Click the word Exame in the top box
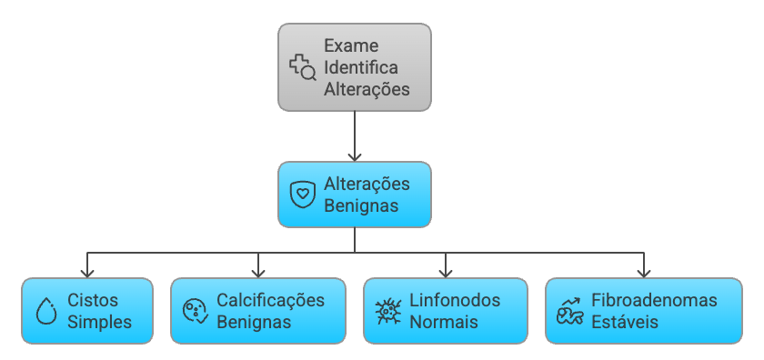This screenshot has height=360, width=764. tap(351, 45)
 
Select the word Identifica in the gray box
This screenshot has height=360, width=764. tap(361, 68)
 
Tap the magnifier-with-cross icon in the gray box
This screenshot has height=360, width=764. tap(302, 67)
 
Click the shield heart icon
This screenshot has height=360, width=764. tap(302, 195)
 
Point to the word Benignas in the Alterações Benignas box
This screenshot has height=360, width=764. tap(361, 205)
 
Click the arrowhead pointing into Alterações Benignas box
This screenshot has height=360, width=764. tap(355, 155)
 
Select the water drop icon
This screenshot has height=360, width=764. tap(45, 311)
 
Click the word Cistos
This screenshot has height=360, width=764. tap(93, 300)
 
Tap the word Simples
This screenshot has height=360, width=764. tap(99, 322)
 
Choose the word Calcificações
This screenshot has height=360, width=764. tap(270, 300)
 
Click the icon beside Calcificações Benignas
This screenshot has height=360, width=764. tap(195, 311)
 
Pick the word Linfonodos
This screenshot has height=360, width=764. tap(455, 300)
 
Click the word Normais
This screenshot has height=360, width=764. tap(444, 322)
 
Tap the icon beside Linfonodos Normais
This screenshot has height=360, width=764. tap(388, 311)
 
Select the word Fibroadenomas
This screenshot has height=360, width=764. tap(654, 300)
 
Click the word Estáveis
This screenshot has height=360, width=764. tap(624, 322)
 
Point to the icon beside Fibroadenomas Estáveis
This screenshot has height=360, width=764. tap(569, 311)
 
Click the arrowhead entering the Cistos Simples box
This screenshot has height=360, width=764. tap(87, 272)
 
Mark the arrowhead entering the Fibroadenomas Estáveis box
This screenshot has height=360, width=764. tap(644, 272)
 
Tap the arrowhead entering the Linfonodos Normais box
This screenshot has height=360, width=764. tap(446, 272)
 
